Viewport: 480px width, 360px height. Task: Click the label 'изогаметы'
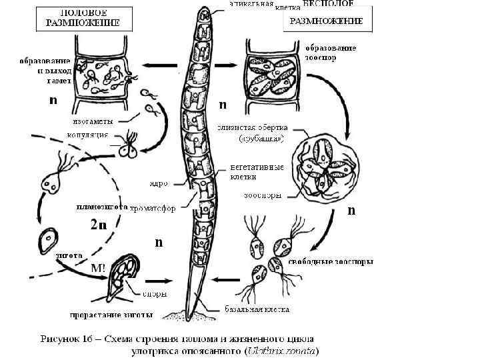tap(93, 121)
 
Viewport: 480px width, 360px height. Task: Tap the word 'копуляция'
tap(92, 135)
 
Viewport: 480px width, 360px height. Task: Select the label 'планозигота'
tap(101, 206)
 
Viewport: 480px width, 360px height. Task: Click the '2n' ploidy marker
tap(99, 225)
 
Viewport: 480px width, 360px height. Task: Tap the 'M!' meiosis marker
tap(97, 267)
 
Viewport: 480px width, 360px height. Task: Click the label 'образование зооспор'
tap(331, 53)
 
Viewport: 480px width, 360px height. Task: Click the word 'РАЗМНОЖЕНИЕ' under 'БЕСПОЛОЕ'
tap(325, 21)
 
